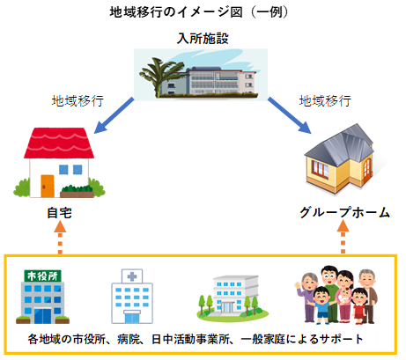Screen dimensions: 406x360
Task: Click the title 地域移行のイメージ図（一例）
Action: point(199,12)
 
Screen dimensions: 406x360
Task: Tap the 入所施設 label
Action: point(203,39)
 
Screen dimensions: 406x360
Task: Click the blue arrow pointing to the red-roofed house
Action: point(114,115)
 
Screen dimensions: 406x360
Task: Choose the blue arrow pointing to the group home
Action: point(289,115)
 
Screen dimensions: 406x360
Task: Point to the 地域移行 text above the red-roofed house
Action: point(78,101)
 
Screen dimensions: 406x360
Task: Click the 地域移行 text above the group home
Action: point(325,101)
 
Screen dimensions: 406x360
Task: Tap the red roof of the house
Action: point(59,143)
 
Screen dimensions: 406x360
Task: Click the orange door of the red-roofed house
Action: point(48,187)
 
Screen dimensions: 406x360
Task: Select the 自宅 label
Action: point(59,213)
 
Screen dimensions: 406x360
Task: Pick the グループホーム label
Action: point(344,212)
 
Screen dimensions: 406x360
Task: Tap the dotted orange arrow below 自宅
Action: point(60,238)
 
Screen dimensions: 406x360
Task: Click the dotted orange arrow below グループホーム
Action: point(343,238)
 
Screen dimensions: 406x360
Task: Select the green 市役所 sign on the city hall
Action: point(42,276)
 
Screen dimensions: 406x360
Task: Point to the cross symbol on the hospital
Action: point(132,276)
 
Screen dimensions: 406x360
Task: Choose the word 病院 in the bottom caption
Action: point(128,339)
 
